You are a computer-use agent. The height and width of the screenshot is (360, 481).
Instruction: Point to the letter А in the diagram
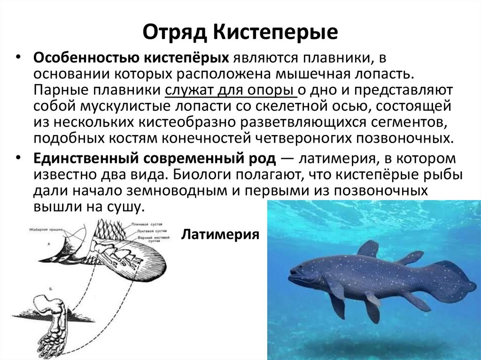pos(49,244)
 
